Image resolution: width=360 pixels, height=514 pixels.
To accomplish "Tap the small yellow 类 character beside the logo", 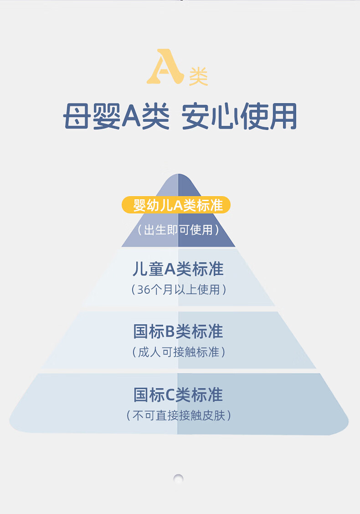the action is pos(198,77).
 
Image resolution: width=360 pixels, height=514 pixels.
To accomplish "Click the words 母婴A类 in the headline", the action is pos(116,117).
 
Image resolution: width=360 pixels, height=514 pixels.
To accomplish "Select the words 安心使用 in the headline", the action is pos(239,117).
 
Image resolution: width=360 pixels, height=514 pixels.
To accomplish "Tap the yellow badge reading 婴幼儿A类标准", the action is pos(176,205).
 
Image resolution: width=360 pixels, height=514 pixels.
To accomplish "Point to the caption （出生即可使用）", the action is pos(178,230).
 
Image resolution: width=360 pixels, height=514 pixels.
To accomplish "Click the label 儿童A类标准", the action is pos(178,269).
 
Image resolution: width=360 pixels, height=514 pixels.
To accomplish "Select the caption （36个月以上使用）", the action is pos(178,290).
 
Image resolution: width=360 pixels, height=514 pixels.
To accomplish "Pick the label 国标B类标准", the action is pos(178,332).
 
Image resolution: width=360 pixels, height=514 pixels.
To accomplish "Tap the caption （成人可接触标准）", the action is pos(178,352).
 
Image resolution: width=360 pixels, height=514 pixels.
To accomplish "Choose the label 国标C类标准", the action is pos(178,395).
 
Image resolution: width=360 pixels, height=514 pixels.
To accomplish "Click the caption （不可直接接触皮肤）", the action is pos(178,415).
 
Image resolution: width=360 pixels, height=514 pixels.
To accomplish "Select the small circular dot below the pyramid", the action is pos(179,478).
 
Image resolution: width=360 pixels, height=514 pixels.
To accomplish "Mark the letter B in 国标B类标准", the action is pos(170,332).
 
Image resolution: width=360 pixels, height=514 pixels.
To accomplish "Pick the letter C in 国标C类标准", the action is pos(170,395).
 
